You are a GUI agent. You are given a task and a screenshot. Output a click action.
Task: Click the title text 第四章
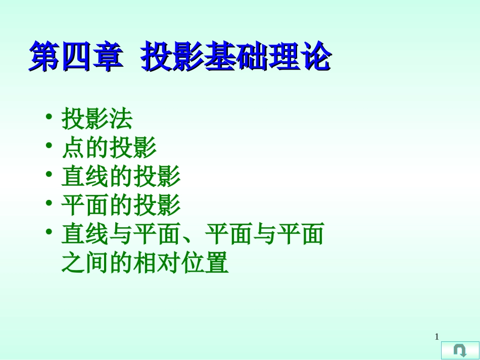coord(75,57)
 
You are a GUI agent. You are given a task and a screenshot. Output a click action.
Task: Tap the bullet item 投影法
coord(97,119)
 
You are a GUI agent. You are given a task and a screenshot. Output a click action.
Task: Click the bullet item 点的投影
coord(109,148)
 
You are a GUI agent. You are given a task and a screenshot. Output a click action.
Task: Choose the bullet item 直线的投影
coord(121,177)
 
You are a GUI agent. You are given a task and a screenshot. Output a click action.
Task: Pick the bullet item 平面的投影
coord(121,205)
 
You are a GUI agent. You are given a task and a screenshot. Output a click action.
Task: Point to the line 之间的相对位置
coord(145,263)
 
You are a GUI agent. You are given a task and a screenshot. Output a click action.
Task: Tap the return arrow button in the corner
coord(460,350)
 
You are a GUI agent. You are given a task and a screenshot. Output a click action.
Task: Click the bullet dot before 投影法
coord(49,117)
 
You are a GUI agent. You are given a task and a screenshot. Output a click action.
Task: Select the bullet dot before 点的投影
coord(49,146)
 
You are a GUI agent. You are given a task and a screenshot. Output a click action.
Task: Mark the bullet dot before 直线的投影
coord(49,175)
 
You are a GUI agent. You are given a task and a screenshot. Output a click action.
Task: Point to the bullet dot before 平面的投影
coord(49,203)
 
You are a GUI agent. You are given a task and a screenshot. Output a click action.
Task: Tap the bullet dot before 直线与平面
coord(49,232)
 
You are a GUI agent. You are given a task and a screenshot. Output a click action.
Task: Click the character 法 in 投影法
coord(121,119)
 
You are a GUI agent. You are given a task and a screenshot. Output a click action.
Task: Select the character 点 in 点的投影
coord(73,148)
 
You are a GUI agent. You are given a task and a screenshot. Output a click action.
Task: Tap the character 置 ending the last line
coord(217,263)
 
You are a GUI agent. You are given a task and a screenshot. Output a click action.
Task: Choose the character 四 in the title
coord(75,57)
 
